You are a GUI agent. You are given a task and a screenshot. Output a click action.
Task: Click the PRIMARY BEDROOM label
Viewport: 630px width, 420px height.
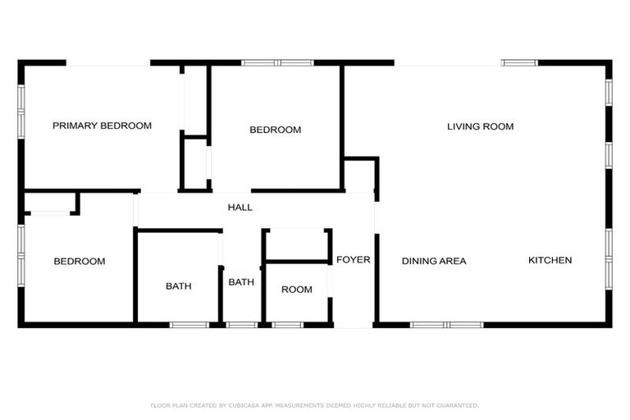[103, 126]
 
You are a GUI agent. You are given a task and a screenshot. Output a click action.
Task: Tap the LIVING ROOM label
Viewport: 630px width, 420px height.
[480, 126]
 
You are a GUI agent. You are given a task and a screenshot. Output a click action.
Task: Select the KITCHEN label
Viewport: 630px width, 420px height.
[550, 260]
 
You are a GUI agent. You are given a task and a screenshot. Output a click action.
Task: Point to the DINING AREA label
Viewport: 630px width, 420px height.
[434, 261]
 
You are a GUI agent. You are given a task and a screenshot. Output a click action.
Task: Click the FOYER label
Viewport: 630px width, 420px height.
[353, 260]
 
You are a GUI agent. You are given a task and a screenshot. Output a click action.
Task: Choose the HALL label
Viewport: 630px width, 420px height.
[240, 208]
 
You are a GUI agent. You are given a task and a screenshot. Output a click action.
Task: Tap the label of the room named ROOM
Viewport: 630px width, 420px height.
[296, 290]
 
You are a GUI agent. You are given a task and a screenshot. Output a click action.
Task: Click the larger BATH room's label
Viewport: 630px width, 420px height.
[178, 286]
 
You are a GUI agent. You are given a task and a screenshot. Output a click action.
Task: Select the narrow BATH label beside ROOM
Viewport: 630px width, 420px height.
[241, 282]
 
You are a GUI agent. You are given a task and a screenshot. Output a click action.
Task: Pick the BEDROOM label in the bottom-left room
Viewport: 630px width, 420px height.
[80, 261]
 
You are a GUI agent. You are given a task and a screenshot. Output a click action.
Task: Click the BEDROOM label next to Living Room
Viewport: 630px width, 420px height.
[275, 130]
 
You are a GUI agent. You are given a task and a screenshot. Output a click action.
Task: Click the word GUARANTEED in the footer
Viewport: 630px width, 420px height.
[455, 405]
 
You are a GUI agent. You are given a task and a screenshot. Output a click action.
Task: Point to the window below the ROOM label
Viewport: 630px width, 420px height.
[287, 325]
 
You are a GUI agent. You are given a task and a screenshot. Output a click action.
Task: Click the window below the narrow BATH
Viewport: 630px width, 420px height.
[241, 325]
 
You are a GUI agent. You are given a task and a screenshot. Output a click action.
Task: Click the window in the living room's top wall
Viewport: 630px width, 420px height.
[519, 62]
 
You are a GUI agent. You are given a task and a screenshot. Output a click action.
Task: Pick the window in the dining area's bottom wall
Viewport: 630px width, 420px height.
[448, 325]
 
